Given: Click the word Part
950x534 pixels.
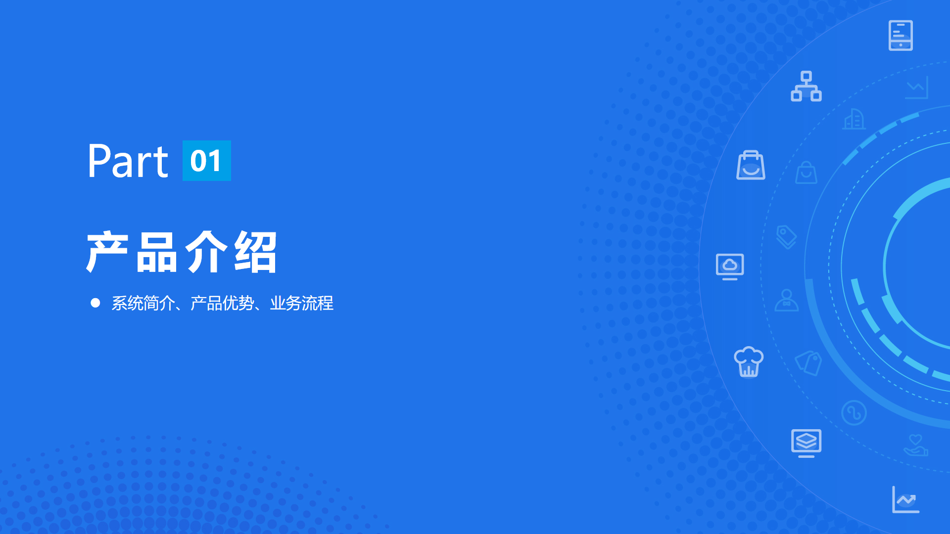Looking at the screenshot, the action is tap(128, 161).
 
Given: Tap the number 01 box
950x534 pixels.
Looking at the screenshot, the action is tap(207, 161).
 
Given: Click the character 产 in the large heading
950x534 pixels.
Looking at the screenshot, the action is tap(107, 252).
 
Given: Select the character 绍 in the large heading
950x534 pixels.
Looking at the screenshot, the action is tap(255, 252).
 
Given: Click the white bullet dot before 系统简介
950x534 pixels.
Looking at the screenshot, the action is tap(95, 303).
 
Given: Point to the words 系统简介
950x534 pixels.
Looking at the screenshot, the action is tap(143, 303).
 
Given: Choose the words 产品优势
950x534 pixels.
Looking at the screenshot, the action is tap(222, 303).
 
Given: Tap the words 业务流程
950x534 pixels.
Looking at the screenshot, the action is tap(302, 303).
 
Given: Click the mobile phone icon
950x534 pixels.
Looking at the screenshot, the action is tap(901, 36).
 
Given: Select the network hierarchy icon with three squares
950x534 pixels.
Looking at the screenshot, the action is tap(806, 86).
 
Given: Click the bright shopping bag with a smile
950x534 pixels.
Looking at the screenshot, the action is tap(751, 165).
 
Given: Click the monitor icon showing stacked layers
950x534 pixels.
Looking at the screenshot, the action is tap(806, 443).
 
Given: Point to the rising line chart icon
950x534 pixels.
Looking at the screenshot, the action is tap(906, 499).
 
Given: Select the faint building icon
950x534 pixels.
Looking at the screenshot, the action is tap(855, 119).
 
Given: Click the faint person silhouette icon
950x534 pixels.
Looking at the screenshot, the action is tap(787, 300).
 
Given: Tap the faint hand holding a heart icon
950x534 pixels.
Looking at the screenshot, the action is tap(916, 445).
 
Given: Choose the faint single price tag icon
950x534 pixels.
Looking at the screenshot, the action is tap(787, 237).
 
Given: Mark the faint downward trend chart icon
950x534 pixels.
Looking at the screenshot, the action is tap(917, 88).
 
